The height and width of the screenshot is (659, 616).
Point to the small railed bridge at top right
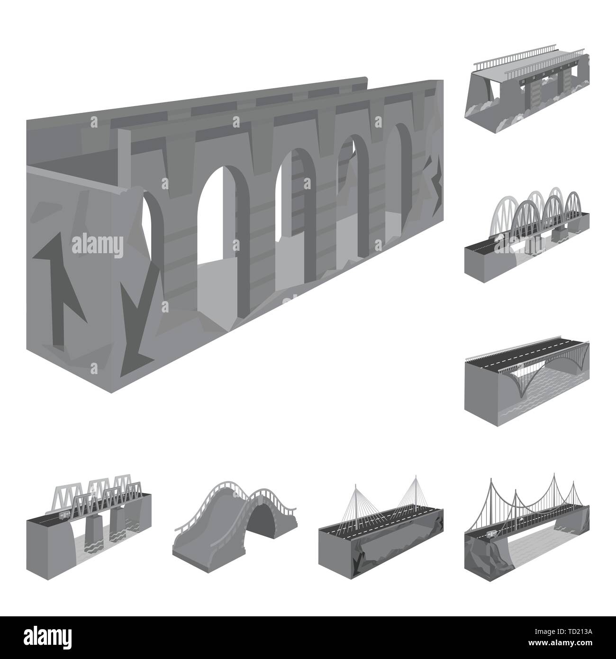[x=527, y=91]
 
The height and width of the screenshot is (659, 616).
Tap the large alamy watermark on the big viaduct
[x=98, y=246]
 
